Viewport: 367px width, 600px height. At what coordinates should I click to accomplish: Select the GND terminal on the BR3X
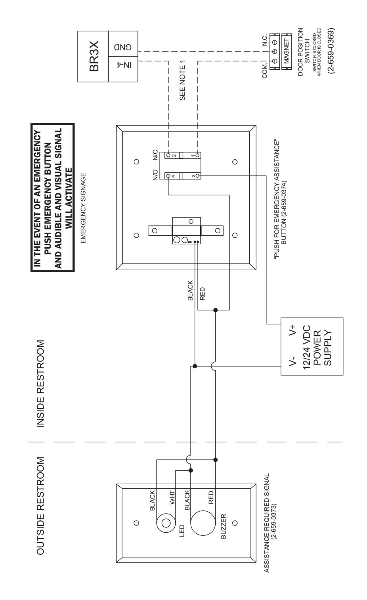123,44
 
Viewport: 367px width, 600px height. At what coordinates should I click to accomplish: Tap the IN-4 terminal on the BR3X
123,69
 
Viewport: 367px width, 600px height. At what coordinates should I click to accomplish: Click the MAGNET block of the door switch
287,52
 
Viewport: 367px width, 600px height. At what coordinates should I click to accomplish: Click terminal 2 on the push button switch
168,155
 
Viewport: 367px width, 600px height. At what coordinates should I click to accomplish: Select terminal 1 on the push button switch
198,155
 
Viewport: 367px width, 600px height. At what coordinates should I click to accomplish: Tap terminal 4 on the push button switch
168,176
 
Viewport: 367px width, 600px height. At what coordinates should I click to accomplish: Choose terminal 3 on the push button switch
198,176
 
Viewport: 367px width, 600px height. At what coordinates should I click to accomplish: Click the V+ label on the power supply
292,330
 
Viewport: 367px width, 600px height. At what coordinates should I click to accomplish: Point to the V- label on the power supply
292,361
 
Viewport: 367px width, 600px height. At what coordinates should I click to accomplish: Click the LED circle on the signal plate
166,523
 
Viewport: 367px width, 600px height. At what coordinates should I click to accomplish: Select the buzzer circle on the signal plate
203,523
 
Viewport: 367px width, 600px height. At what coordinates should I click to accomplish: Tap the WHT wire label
172,498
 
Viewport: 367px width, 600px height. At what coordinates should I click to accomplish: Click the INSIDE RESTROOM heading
40,384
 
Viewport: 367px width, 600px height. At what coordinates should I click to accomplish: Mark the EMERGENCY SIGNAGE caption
83,208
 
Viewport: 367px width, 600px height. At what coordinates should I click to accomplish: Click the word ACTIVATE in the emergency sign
69,198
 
